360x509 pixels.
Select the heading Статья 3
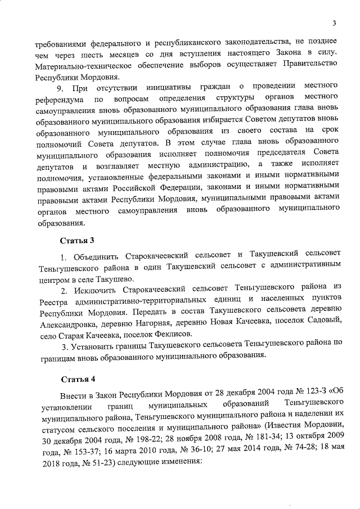(76, 241)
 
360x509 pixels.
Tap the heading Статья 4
(76, 377)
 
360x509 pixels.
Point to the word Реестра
(49, 302)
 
